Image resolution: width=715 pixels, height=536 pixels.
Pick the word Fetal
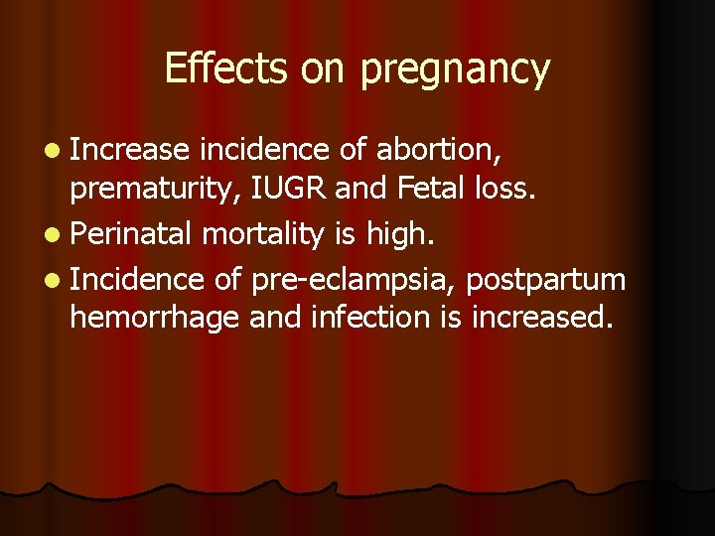pos(428,190)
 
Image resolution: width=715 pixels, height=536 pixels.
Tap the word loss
pos(504,190)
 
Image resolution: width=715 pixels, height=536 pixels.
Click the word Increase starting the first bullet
pos(129,150)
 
